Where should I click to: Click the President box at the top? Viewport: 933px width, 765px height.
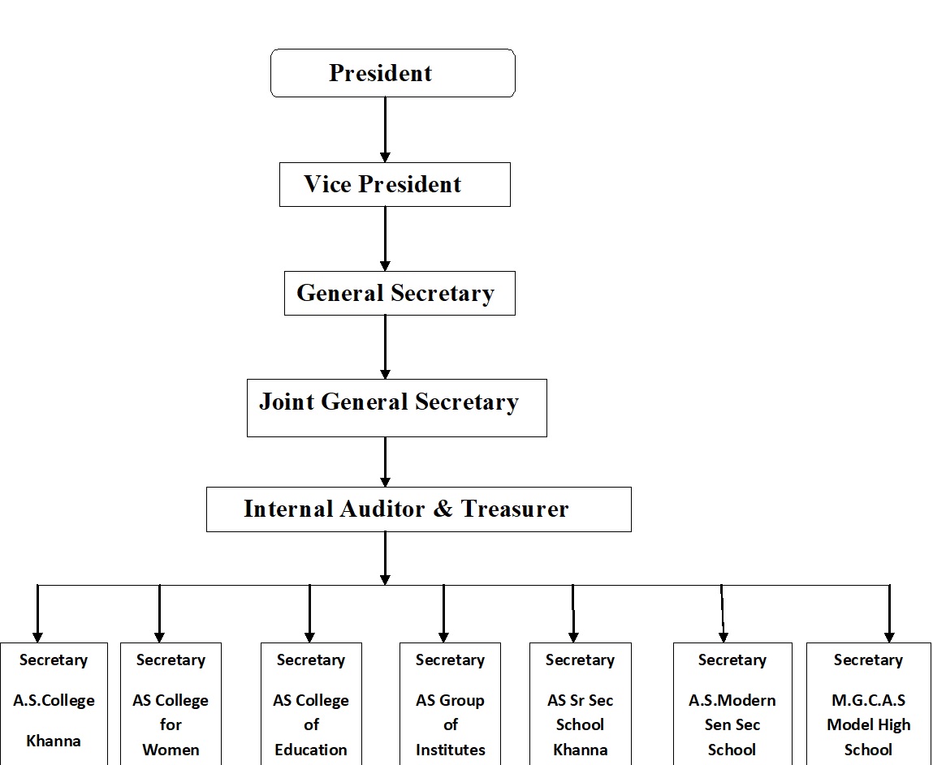[393, 73]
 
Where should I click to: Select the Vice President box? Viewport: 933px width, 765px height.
[395, 184]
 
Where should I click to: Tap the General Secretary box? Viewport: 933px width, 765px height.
[400, 293]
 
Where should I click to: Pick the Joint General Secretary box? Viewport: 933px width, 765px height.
[397, 408]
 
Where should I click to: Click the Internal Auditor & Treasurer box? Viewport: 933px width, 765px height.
[419, 509]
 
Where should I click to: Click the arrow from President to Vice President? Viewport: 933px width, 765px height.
[385, 130]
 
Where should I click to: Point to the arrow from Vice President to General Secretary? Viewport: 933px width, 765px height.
[385, 239]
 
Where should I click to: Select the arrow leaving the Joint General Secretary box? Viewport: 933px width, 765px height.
[385, 462]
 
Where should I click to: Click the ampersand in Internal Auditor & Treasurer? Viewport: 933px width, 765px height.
[443, 509]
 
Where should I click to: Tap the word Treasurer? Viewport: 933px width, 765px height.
[515, 509]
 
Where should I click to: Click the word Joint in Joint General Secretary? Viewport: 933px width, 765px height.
[287, 402]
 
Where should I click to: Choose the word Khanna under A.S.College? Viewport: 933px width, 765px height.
[54, 741]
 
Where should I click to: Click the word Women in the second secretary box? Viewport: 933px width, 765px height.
[171, 750]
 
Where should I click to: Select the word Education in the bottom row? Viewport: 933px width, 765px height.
[311, 750]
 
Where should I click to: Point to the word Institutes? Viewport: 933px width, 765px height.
[451, 750]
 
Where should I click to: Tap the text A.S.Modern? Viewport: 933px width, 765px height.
[732, 700]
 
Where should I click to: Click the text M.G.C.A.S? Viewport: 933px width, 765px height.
[868, 700]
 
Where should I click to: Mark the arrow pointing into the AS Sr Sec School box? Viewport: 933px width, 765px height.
[573, 613]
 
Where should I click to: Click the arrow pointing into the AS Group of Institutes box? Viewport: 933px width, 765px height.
[443, 613]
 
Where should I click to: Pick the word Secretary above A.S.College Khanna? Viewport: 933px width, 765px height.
[54, 660]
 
